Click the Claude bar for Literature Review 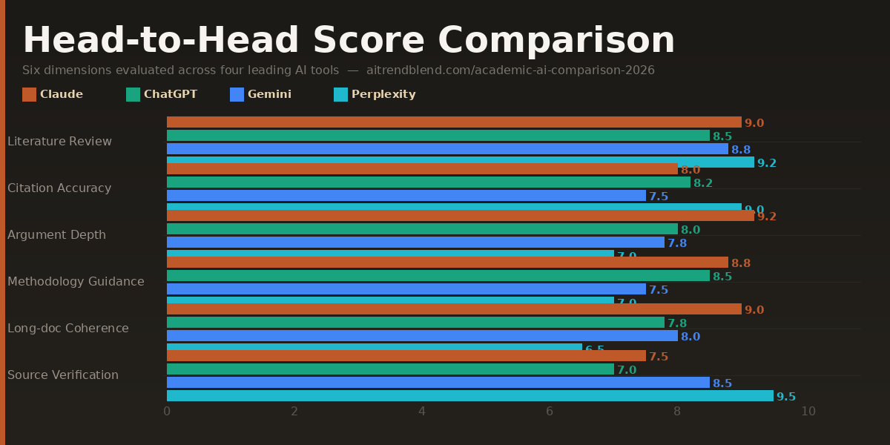454,122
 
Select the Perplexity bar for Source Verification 469,396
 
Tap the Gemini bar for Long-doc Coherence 422,336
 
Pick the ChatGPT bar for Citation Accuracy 428,182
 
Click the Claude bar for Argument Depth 460,216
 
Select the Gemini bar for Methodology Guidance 406,289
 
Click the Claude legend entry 53,94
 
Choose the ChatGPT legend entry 162,94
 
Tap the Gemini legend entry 261,94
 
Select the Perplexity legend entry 375,94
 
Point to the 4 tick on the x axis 422,412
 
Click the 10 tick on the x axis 808,412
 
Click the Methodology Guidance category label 76,282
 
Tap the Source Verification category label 63,375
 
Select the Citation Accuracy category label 59,188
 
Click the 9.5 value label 785,397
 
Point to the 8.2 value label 702,183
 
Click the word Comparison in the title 556,41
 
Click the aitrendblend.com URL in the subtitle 510,70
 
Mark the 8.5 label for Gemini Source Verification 722,383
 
